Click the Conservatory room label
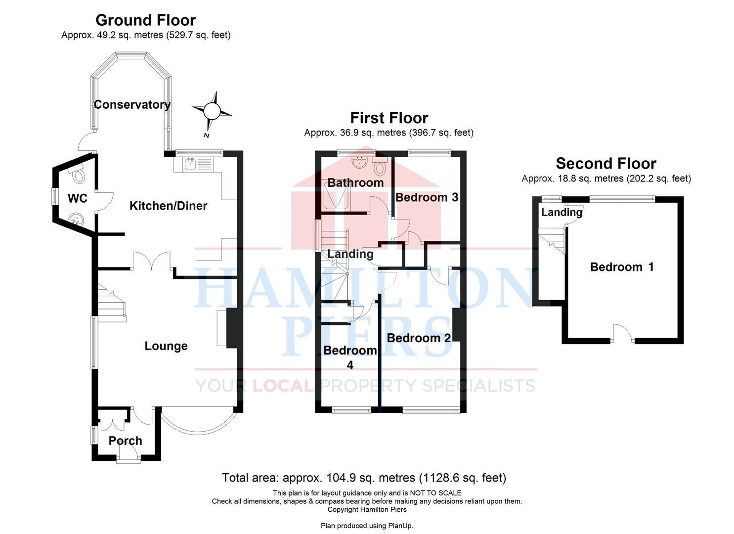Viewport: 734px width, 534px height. (132, 104)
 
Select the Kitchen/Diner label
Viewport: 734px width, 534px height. (169, 206)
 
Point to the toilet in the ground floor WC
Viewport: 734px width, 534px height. (77, 174)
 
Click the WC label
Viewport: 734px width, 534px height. (78, 198)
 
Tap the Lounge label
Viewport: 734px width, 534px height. (166, 346)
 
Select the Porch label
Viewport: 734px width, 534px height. (125, 441)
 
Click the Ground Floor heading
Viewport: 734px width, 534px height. (146, 20)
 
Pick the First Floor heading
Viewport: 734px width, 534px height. (389, 118)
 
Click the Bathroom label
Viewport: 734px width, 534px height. (355, 182)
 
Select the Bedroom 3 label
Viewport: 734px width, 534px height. (427, 197)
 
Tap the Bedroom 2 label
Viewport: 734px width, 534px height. (419, 338)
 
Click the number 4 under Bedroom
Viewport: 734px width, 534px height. (350, 365)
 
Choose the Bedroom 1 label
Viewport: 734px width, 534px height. (622, 267)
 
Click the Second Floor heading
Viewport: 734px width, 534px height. (606, 163)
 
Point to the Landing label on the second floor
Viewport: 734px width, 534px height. (561, 213)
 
